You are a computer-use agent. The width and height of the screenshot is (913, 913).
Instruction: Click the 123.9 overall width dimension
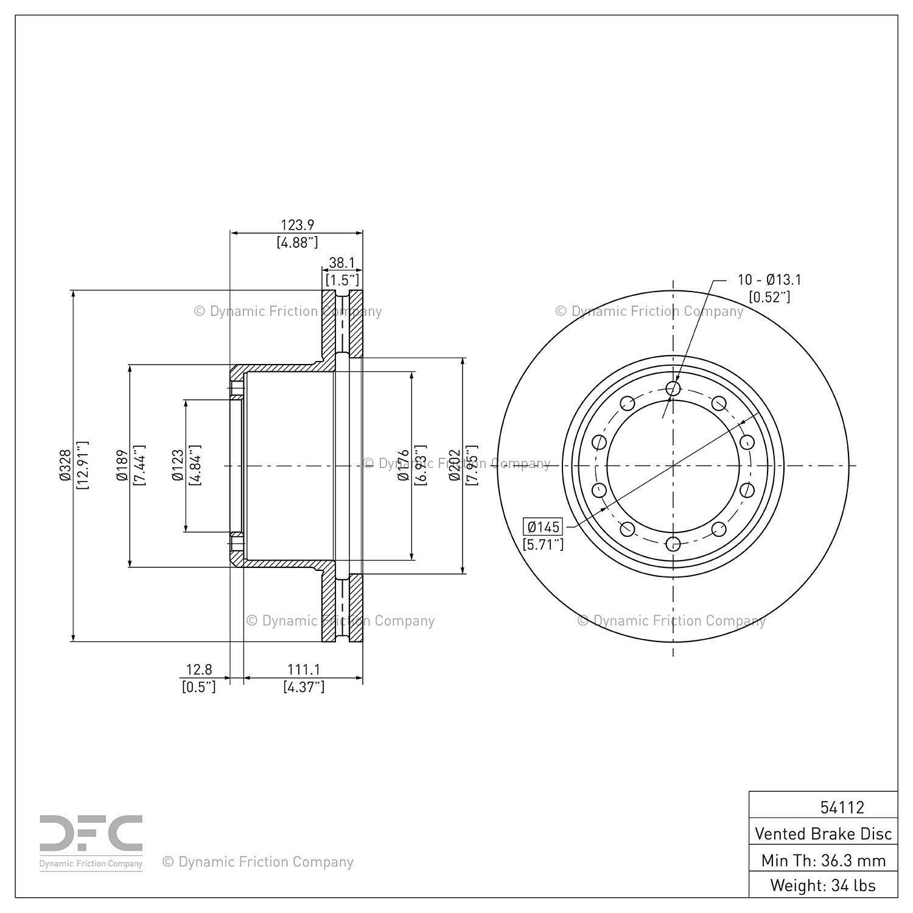pyautogui.click(x=297, y=225)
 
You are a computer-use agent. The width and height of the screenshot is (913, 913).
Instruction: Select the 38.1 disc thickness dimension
pyautogui.click(x=341, y=262)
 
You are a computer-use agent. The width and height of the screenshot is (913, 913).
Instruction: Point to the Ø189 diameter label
pyautogui.click(x=121, y=466)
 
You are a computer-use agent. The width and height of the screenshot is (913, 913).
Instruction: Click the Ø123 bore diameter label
pyautogui.click(x=178, y=466)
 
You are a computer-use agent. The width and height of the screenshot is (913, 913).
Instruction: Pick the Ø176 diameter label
pyautogui.click(x=403, y=466)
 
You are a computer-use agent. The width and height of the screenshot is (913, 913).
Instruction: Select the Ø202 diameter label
pyautogui.click(x=454, y=466)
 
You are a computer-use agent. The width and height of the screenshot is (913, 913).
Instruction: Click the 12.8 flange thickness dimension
pyautogui.click(x=199, y=670)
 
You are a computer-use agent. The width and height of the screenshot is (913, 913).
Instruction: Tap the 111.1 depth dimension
pyautogui.click(x=304, y=670)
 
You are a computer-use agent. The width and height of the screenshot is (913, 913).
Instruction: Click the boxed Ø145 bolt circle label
pyautogui.click(x=543, y=526)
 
